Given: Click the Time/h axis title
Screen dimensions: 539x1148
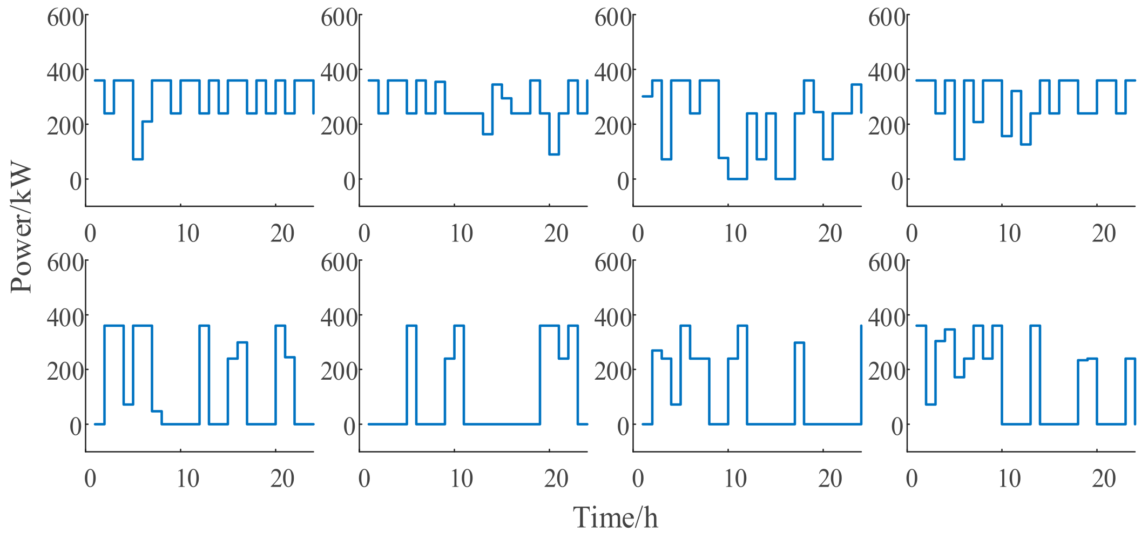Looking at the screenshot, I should (615, 518).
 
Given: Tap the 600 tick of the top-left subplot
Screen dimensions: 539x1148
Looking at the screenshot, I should (65, 17).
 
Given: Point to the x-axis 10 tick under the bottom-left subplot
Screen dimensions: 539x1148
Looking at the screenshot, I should (187, 479).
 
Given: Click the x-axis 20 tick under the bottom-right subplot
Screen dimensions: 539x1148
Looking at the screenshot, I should (1103, 479).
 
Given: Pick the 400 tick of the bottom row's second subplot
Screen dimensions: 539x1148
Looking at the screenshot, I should (339, 317).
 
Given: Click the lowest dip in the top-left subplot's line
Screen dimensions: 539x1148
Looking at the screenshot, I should (138, 159).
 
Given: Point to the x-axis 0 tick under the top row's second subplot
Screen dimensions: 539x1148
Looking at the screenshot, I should (364, 233).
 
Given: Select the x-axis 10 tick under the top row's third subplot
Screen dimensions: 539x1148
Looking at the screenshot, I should (735, 233).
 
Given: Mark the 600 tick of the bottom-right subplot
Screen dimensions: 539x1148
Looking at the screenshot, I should (887, 262).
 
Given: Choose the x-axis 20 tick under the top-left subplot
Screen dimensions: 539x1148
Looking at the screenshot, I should (282, 233).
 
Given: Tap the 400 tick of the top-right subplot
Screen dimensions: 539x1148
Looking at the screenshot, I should (887, 72).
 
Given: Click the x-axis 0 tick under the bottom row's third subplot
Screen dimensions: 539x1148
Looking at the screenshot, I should (638, 479).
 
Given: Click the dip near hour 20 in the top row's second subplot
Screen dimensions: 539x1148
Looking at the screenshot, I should (554, 154).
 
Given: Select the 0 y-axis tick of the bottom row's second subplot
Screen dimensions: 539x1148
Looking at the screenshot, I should (349, 426).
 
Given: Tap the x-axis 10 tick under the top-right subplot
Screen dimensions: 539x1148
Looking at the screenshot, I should (1009, 233).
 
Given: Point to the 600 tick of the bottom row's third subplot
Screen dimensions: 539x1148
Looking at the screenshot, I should (613, 262).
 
